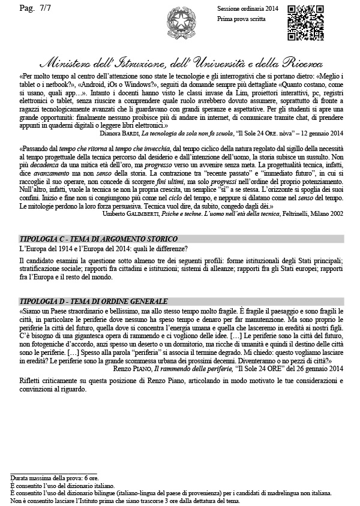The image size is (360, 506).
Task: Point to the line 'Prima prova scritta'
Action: point(239,20)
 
